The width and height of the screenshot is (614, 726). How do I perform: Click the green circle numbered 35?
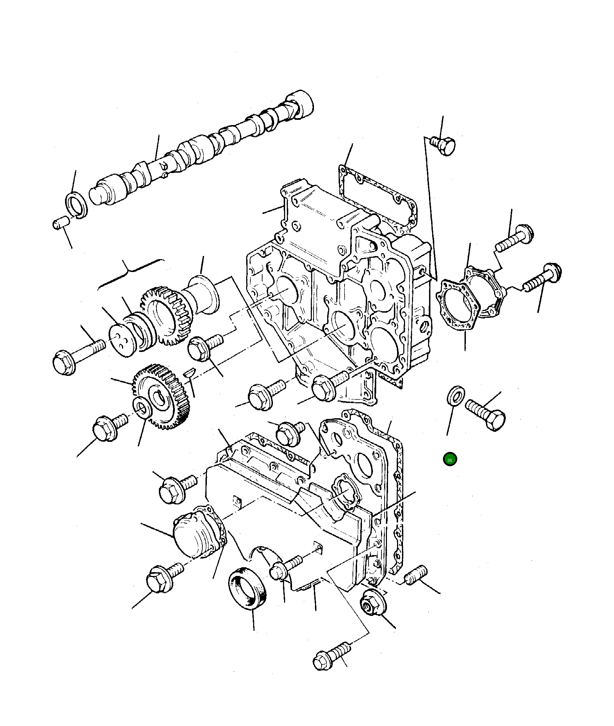[450, 459]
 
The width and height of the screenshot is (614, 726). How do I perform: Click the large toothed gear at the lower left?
[162, 396]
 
